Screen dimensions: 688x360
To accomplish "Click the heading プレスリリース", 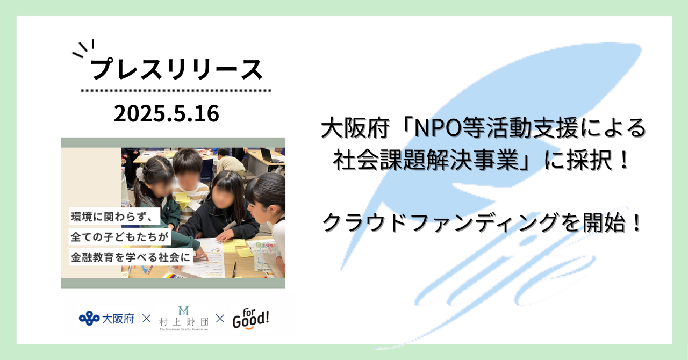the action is (x=177, y=70).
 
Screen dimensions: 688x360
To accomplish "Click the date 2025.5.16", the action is (x=167, y=114).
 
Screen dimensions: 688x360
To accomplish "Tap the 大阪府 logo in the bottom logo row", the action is (x=106, y=319).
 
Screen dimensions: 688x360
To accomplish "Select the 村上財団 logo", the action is (x=184, y=319).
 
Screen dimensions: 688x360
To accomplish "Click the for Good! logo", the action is (x=250, y=319).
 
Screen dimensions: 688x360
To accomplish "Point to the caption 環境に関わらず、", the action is (x=112, y=217).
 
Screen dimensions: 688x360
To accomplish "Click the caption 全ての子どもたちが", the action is (x=119, y=237).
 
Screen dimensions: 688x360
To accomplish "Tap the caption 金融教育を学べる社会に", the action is (x=131, y=257).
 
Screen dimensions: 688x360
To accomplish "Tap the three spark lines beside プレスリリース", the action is (x=83, y=48).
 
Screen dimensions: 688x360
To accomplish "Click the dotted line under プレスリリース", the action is (x=176, y=91).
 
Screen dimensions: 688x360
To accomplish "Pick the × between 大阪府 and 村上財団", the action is (x=147, y=319).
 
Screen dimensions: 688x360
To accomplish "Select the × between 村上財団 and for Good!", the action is (x=220, y=319).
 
